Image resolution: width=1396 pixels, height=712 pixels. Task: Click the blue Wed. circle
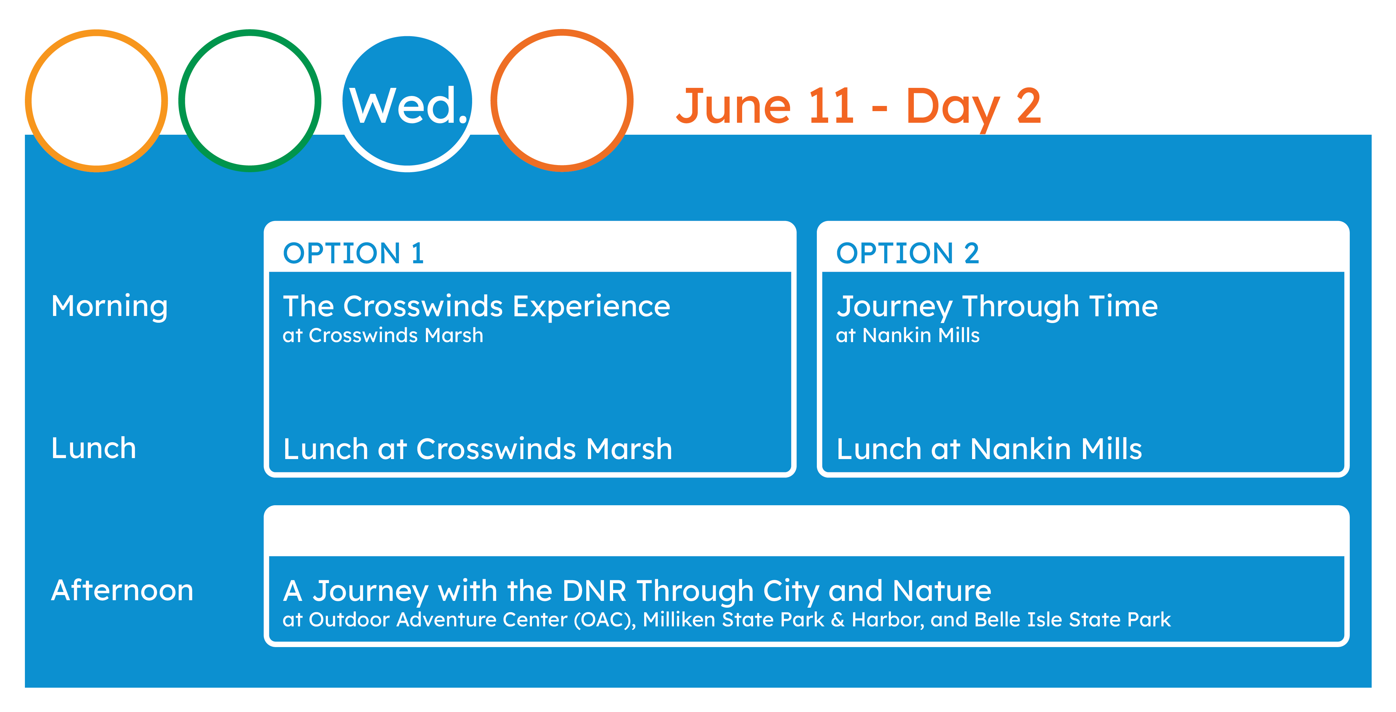click(x=407, y=101)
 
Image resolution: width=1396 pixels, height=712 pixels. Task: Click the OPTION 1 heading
click(x=353, y=253)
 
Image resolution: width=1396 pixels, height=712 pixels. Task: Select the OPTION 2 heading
click(x=908, y=253)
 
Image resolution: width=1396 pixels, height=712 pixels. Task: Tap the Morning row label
click(x=110, y=307)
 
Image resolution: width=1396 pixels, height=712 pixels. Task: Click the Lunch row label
click(x=94, y=448)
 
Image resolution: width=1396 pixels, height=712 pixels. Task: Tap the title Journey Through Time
click(x=997, y=307)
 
